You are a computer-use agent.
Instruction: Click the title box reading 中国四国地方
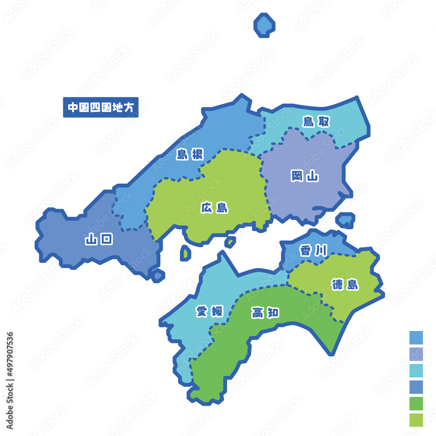[101, 107]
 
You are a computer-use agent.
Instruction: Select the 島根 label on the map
[190, 154]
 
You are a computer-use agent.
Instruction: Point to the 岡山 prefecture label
[305, 176]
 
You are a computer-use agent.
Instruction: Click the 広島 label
[215, 208]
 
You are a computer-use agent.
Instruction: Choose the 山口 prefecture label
[99, 239]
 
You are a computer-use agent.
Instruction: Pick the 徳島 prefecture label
[345, 285]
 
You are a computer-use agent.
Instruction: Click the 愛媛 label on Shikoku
[209, 311]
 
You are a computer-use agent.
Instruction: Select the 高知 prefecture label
[266, 313]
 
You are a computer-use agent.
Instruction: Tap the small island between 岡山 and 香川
[346, 220]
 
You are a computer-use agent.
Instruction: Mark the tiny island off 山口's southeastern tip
[157, 275]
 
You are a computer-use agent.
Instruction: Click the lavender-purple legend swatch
[416, 354]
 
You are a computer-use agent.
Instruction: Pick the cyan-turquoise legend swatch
[416, 370]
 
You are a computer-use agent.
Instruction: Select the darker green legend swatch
[416, 403]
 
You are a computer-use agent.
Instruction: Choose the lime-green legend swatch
[416, 419]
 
